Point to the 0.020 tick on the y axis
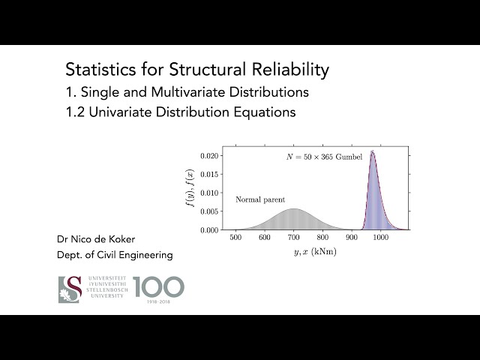(209, 156)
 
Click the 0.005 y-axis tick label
(209, 211)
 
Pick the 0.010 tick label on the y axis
(209, 193)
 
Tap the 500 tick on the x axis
(235, 238)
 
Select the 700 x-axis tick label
(294, 238)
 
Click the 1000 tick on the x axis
(381, 238)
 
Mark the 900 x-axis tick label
(352, 238)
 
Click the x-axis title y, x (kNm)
(315, 252)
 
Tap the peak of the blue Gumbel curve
(372, 152)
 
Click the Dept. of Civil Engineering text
(115, 255)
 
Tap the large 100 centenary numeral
(158, 286)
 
